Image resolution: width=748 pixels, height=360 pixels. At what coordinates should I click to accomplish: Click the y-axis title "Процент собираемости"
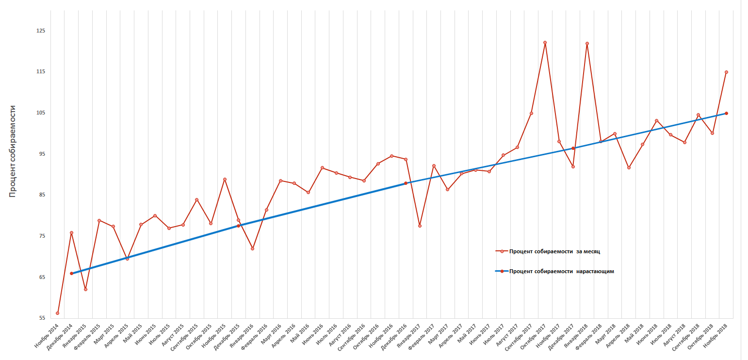pyautogui.click(x=13, y=151)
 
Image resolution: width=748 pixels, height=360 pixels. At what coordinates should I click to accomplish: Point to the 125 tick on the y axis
pyautogui.click(x=40, y=31)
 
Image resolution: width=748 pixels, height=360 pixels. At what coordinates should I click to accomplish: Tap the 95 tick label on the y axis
pyautogui.click(x=41, y=154)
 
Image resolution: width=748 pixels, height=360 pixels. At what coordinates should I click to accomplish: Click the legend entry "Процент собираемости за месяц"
pyautogui.click(x=554, y=251)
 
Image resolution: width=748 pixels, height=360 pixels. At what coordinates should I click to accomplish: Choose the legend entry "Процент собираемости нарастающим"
pyautogui.click(x=561, y=271)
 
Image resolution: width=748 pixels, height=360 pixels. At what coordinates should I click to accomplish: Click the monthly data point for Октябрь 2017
pyautogui.click(x=545, y=43)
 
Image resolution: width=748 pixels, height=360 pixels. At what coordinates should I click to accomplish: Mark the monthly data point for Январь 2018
pyautogui.click(x=587, y=44)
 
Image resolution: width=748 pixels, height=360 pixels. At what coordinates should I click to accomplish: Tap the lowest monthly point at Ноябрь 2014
pyautogui.click(x=57, y=313)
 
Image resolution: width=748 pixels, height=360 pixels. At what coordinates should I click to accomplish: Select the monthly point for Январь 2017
pyautogui.click(x=420, y=226)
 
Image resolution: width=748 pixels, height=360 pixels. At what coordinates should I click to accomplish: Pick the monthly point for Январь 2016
pyautogui.click(x=252, y=249)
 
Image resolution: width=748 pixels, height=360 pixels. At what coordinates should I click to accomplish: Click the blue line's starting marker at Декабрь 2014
pyautogui.click(x=71, y=274)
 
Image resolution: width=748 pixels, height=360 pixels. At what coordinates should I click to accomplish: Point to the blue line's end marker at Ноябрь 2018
pyautogui.click(x=726, y=114)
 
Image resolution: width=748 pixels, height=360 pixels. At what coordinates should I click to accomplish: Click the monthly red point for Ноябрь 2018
pyautogui.click(x=726, y=72)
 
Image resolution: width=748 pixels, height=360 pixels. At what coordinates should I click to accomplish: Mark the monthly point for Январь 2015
pyautogui.click(x=85, y=290)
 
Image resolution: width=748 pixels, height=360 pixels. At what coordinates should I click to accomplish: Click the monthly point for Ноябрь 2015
pyautogui.click(x=225, y=180)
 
